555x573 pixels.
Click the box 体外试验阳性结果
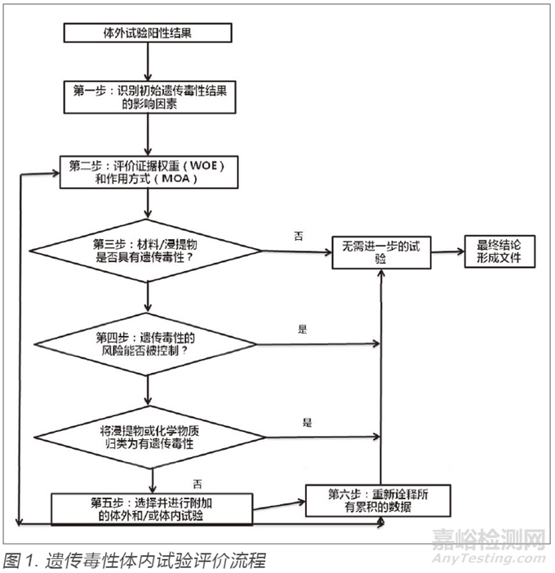(x=147, y=33)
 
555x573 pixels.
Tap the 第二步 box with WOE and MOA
(x=147, y=171)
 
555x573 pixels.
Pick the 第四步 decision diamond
(x=147, y=344)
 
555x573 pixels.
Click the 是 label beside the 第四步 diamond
(x=302, y=329)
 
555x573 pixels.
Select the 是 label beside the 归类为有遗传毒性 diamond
(x=308, y=423)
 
